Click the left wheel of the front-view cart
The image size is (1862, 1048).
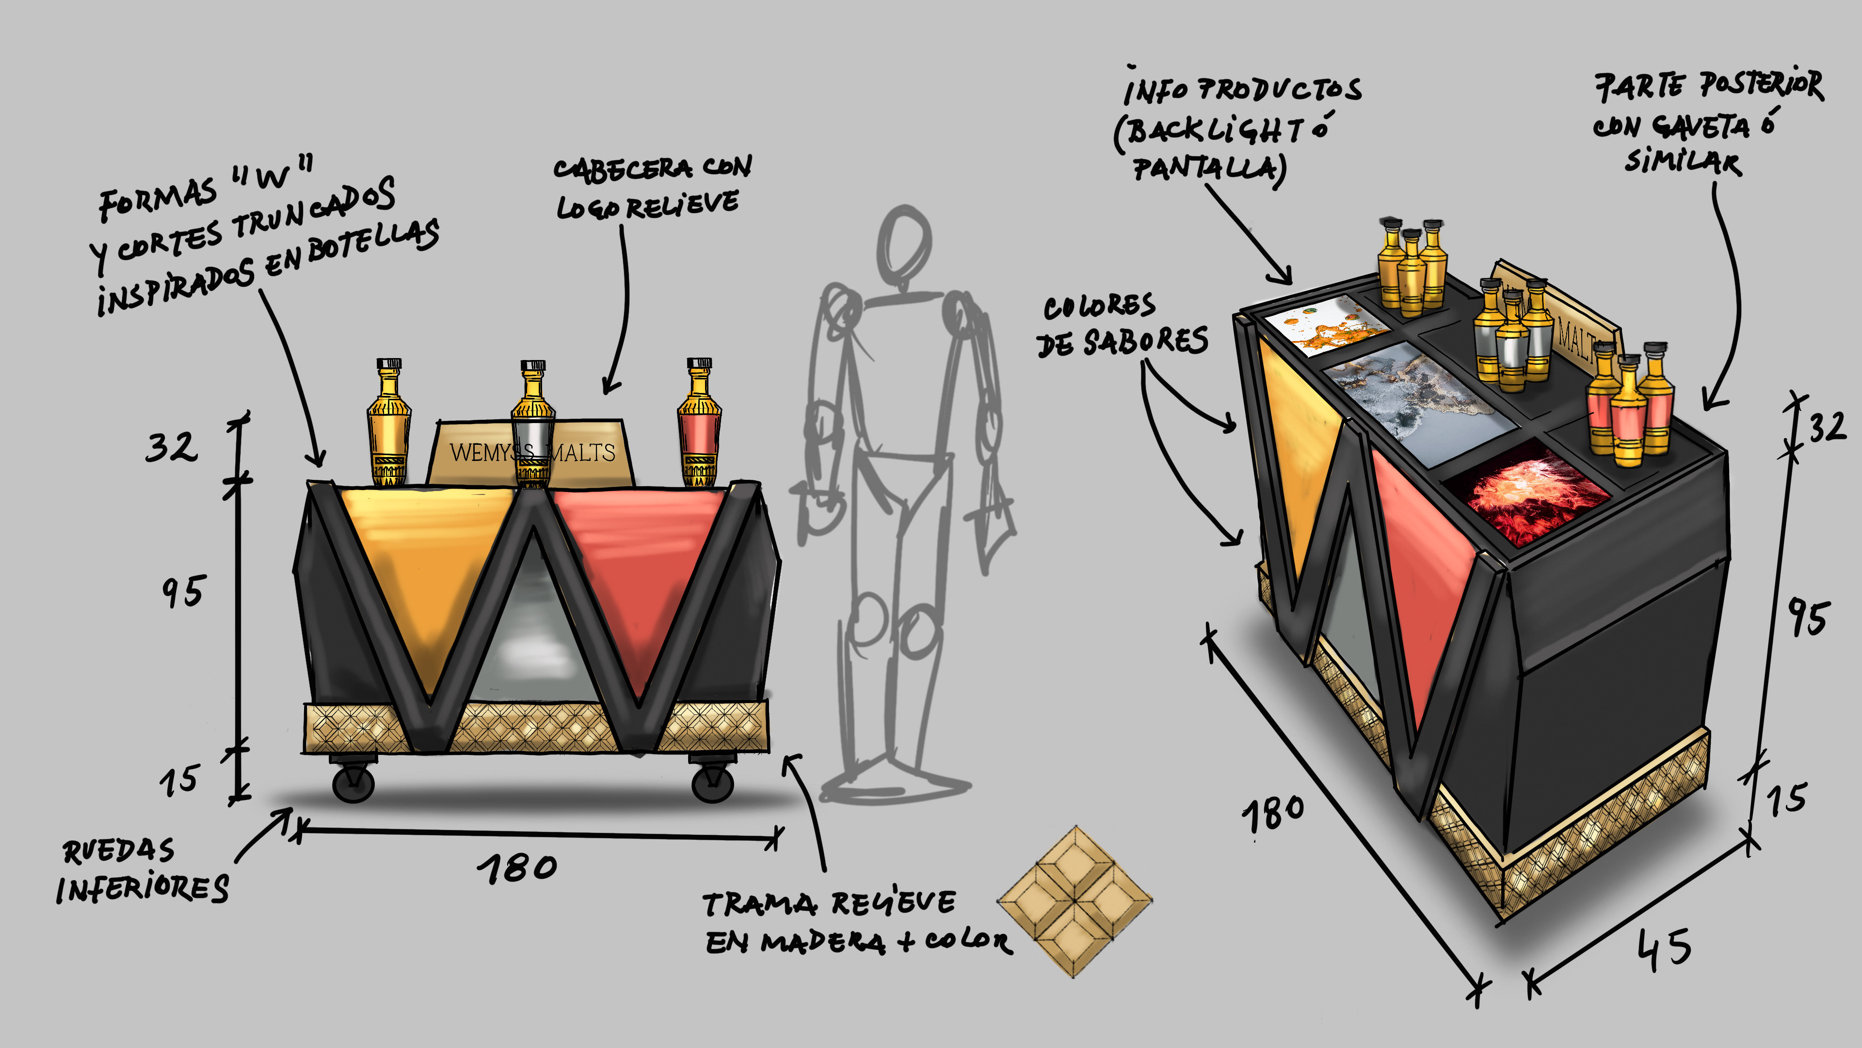[x=353, y=783]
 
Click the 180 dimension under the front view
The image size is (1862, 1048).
[x=517, y=868]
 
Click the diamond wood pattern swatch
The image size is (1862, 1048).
[x=1075, y=901]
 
